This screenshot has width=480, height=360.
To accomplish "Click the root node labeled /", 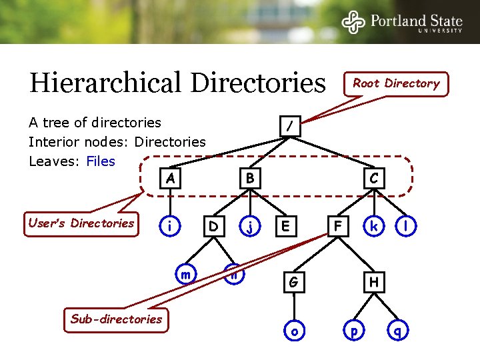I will point(289,125).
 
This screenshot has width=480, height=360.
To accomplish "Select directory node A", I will point(171,178).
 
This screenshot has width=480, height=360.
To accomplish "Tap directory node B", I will point(249,178).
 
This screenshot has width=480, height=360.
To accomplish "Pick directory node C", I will point(374,178).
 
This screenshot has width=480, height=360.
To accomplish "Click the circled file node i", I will point(171,227).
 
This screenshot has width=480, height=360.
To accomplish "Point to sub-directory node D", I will point(213,227).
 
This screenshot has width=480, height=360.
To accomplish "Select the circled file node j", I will point(249,227).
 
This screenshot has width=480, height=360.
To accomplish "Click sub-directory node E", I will point(285,227).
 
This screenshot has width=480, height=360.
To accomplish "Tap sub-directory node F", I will point(339,227).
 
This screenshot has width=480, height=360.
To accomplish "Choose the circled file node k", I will point(374,227).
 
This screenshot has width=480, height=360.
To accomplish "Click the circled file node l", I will point(405,227).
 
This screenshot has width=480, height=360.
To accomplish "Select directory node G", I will point(293,282).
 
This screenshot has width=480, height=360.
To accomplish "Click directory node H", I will point(374,282).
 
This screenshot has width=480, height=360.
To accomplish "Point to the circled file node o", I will point(293,331).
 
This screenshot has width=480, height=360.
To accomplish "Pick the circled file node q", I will point(398,331).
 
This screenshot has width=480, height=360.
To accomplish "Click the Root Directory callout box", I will point(396,83).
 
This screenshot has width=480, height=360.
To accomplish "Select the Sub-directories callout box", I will point(117,319).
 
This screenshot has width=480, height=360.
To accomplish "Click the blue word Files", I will point(101,161).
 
